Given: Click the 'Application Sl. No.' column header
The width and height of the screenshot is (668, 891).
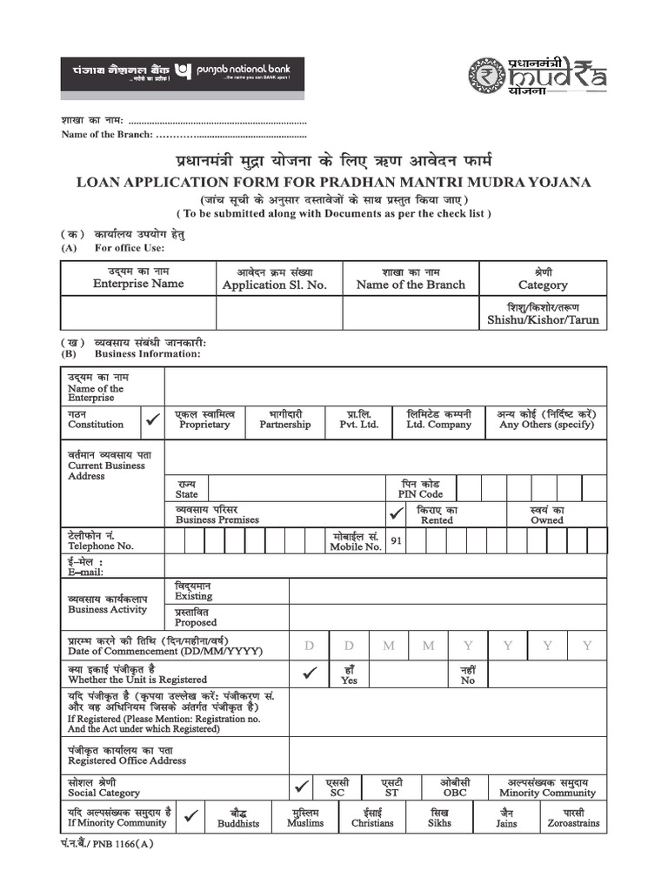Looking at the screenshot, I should click(x=274, y=278).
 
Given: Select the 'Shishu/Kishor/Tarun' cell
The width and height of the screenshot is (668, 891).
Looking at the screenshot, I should click(x=543, y=313).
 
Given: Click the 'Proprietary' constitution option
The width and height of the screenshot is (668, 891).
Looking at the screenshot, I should click(x=204, y=419).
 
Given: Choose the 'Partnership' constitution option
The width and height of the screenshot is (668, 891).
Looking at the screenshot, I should click(x=284, y=419).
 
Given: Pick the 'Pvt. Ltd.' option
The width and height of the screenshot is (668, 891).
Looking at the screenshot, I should click(x=359, y=419).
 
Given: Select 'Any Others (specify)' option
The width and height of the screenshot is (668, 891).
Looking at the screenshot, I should click(x=546, y=419).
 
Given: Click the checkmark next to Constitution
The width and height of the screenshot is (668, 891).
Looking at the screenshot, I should click(x=153, y=419).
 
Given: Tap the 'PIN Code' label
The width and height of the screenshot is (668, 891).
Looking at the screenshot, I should click(x=420, y=488).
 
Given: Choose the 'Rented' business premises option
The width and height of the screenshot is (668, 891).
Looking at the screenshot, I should click(x=437, y=514).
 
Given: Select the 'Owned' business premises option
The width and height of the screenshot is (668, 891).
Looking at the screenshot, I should click(x=547, y=514).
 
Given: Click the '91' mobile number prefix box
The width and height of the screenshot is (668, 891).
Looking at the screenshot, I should click(x=396, y=540).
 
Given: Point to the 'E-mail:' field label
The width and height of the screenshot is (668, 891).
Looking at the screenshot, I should click(x=85, y=566).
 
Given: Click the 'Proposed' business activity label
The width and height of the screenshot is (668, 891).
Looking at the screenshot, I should click(x=196, y=617).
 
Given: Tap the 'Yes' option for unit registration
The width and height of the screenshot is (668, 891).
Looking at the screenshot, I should click(x=350, y=674).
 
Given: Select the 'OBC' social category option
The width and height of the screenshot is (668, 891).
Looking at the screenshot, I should click(x=454, y=787).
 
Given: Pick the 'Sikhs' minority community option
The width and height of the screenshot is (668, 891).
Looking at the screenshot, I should click(x=439, y=817).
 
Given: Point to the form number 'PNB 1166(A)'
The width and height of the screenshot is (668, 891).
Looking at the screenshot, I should click(x=108, y=843).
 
